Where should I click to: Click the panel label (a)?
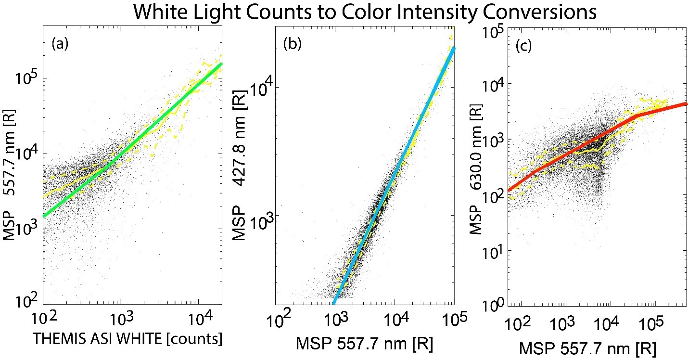click(x=60, y=44)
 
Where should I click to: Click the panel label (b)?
click(x=293, y=44)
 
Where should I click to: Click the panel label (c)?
click(x=523, y=46)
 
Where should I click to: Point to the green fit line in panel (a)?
click(x=132, y=140)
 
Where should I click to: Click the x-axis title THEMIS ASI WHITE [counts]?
click(x=127, y=338)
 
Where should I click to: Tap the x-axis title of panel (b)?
click(x=365, y=343)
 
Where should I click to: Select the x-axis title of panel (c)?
click(x=588, y=348)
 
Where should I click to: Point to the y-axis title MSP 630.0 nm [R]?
click(x=476, y=169)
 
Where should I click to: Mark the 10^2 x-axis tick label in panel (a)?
click(x=44, y=318)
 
